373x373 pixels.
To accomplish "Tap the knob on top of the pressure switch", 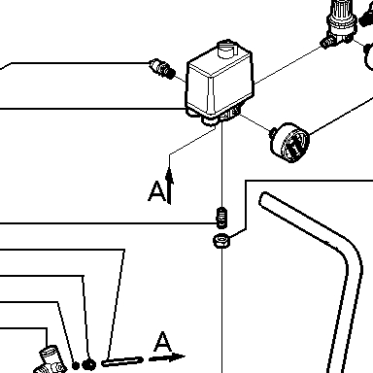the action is coord(227,49).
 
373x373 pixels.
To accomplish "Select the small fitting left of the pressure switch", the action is coord(162,69).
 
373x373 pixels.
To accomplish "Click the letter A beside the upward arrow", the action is coord(156,191).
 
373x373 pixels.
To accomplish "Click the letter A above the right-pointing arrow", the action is coord(162,342).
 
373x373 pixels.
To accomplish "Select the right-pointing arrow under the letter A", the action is coord(167,357).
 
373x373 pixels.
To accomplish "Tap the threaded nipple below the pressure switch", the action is coord(221,217).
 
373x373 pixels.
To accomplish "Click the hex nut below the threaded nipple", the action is coord(221,241).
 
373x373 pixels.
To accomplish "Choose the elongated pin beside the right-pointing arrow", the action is coord(122,361).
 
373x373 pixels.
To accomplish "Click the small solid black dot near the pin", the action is coord(76,365).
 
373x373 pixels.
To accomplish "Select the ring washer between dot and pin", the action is coord(88,365).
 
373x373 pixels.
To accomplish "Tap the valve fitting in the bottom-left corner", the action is coord(51,360).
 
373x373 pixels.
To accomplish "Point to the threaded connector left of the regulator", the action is coord(327,42).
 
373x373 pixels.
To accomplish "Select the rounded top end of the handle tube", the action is coord(263,198).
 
